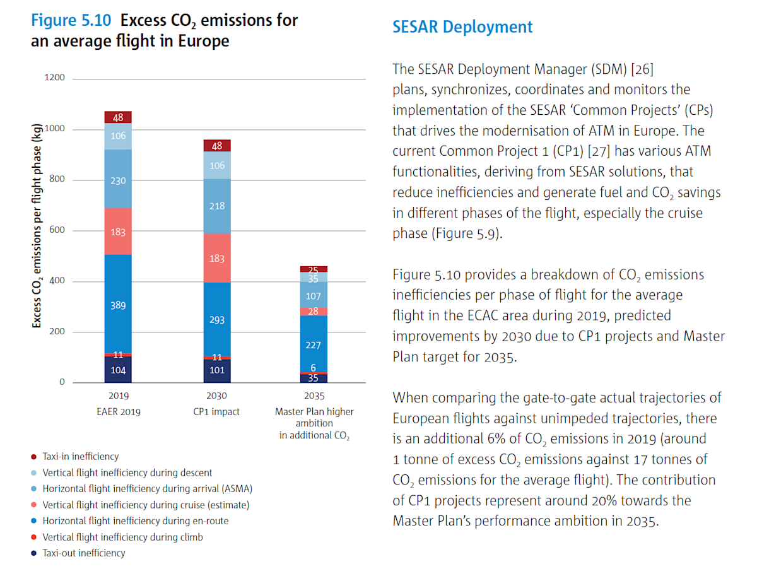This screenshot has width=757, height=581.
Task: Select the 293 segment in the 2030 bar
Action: [216, 320]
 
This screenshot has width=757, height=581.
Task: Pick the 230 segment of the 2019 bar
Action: [118, 180]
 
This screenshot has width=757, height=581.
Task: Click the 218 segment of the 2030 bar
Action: [216, 206]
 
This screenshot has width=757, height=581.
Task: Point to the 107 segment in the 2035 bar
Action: [314, 295]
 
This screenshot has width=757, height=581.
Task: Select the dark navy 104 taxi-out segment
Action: [118, 370]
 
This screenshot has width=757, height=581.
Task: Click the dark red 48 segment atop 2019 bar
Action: [118, 117]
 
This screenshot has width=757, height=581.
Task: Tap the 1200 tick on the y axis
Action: [54, 78]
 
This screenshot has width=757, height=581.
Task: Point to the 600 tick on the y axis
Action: [57, 231]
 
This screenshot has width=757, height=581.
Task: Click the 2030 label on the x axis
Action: [216, 397]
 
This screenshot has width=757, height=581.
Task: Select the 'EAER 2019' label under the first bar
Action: [118, 412]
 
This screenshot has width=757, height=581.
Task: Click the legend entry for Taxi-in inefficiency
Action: [80, 456]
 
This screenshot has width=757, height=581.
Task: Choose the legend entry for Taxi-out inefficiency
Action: [83, 553]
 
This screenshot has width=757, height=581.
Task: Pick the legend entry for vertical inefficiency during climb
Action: [122, 537]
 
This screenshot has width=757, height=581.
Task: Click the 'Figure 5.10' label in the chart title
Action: [71, 20]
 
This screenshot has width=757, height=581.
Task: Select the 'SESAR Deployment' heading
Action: [462, 27]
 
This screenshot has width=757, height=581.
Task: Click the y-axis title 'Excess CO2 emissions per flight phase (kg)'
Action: [37, 225]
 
